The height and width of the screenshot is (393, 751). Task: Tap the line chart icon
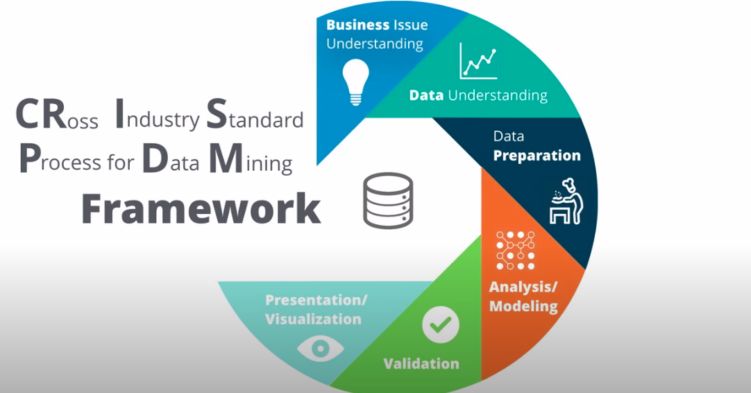click(x=478, y=61)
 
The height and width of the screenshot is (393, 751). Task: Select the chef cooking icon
click(x=566, y=201)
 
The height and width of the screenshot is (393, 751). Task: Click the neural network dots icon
click(x=515, y=250)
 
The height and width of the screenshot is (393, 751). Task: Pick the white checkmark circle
click(x=441, y=325)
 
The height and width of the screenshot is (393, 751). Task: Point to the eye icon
click(x=321, y=349)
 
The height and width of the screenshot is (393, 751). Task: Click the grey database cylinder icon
click(x=388, y=201)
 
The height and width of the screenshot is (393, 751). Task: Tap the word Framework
click(x=201, y=209)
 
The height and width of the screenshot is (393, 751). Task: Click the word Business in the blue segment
click(x=357, y=24)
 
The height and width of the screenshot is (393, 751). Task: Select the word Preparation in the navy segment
click(x=537, y=156)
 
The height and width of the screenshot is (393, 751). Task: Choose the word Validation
click(x=421, y=364)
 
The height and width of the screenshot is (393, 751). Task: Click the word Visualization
click(x=313, y=319)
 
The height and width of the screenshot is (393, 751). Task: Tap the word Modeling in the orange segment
click(x=523, y=306)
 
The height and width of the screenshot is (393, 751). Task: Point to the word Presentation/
click(x=316, y=300)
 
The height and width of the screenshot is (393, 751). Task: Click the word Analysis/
click(x=523, y=287)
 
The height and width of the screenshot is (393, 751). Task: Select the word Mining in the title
click(x=251, y=159)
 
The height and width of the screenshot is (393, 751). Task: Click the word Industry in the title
click(x=158, y=115)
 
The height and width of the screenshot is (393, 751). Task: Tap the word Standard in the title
click(x=255, y=115)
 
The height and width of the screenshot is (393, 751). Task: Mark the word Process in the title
click(x=60, y=159)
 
